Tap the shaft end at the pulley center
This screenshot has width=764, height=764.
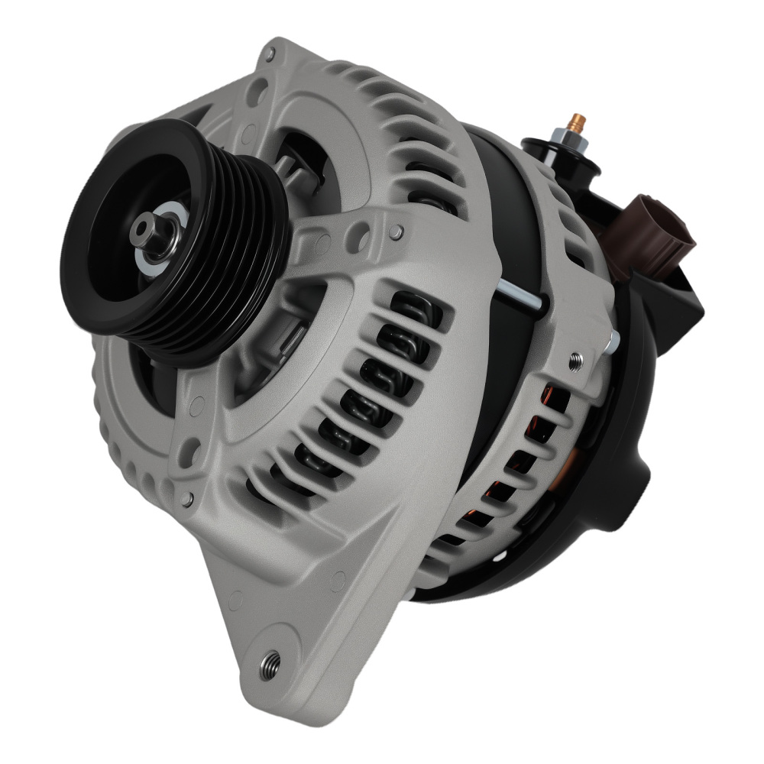pyautogui.click(x=144, y=228)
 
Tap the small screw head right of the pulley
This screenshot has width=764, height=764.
pyautogui.click(x=396, y=230)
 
